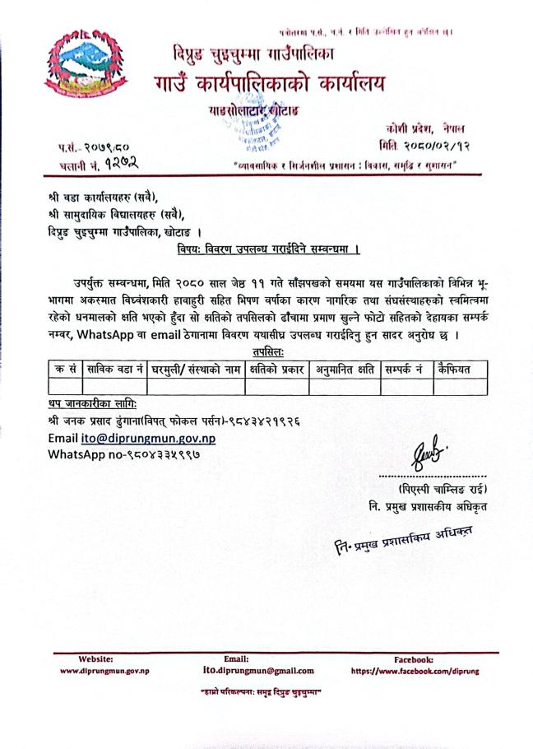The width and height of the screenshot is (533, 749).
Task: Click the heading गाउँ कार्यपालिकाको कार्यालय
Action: click(267, 84)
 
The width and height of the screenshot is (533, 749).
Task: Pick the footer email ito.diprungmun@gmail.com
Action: click(257, 670)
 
